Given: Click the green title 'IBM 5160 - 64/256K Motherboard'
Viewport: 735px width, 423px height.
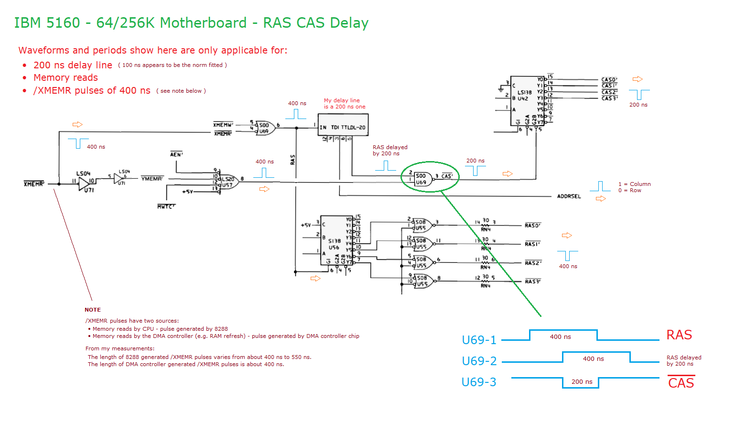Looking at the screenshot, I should [130, 23].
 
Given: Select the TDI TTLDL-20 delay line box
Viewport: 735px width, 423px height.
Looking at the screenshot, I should [343, 125].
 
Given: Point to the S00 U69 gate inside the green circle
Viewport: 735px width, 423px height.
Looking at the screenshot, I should [422, 179].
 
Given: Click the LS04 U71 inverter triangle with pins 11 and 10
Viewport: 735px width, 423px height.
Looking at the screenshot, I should [85, 183].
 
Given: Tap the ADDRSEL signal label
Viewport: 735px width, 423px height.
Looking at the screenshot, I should [569, 196].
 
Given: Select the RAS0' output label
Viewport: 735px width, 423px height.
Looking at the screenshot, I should [532, 226].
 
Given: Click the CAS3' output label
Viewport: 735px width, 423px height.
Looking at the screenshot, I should [609, 98].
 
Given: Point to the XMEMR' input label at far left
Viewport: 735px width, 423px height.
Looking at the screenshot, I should [34, 184].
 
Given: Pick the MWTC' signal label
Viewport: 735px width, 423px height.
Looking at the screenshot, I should [166, 206].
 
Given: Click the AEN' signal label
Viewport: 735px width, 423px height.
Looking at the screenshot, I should [176, 154].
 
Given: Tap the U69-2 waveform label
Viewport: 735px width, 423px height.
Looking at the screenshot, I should [479, 361].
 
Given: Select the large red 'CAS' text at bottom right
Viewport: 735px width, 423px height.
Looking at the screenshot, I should [681, 383].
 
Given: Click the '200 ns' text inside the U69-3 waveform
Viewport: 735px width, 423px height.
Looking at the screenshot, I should [582, 382].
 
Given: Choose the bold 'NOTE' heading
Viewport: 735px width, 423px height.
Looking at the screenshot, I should [93, 310].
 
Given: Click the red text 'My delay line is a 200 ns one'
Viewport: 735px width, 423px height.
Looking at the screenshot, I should [344, 104].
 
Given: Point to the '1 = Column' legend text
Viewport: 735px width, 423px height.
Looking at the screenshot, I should [634, 184].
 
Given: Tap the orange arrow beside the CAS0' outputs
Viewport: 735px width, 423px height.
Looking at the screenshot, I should [638, 79].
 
